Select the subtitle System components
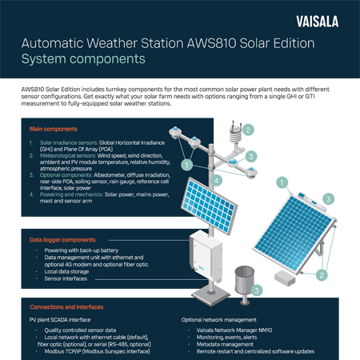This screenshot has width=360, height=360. (83, 59)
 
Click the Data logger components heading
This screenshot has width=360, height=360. (63, 239)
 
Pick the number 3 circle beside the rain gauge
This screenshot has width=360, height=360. (255, 290)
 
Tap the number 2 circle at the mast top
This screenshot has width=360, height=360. (248, 130)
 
